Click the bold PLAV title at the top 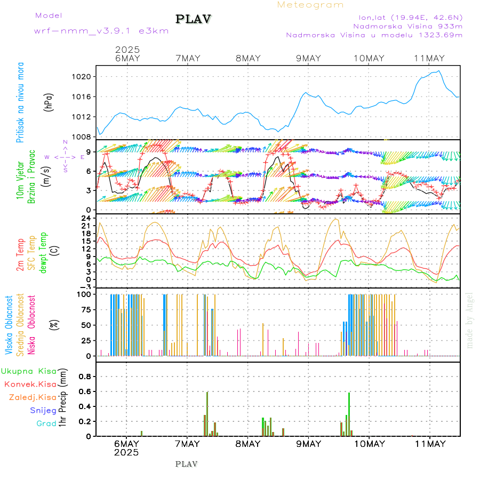tap(194, 19)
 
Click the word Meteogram tap(310, 5)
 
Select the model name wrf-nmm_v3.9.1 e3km tap(101, 31)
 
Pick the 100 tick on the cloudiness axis tap(85, 294)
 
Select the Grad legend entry tap(46, 423)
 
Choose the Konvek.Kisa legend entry tap(30, 384)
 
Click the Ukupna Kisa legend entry tap(29, 371)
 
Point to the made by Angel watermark tap(469, 320)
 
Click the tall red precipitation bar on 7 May tap(207, 414)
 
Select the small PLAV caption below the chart tap(186, 464)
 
